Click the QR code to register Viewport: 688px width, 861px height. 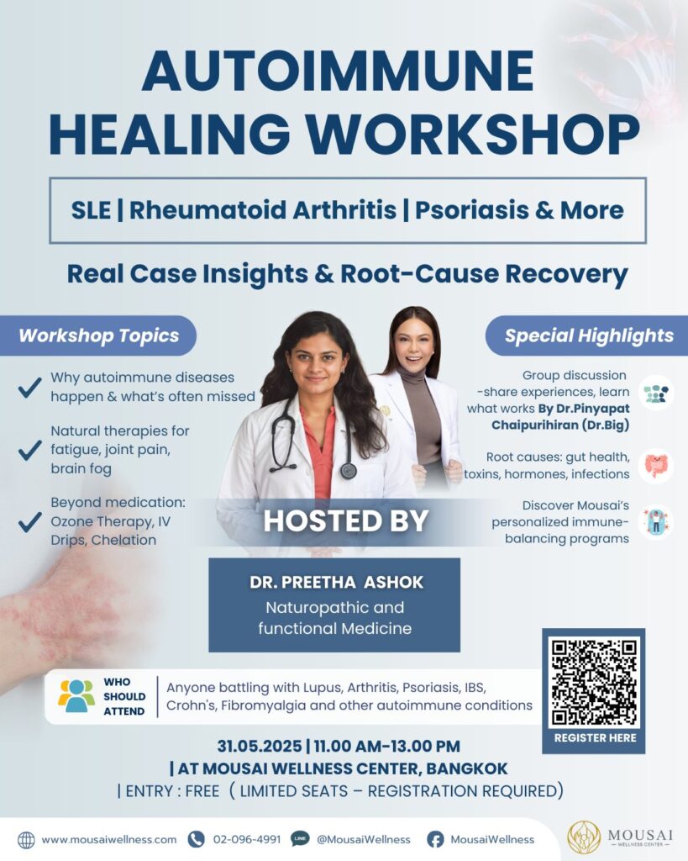tap(594, 682)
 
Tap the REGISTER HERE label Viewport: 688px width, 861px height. tap(596, 738)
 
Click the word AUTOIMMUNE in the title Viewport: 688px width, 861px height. tap(338, 71)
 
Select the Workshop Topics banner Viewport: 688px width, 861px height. tap(98, 335)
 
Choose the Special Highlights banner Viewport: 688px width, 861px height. tap(587, 335)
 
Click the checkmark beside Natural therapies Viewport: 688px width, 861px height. tap(29, 450)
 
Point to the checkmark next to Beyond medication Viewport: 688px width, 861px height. tap(29, 521)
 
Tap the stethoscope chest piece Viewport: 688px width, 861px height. tap(348, 471)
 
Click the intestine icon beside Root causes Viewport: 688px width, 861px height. tap(656, 466)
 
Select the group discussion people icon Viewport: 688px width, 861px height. tap(656, 394)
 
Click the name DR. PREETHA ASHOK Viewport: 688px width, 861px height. tap(336, 582)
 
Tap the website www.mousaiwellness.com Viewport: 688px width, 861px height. tap(109, 840)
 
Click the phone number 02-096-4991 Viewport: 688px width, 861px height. tap(247, 840)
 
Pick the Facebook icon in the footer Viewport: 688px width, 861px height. tap(435, 840)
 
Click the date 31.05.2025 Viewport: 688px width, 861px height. tap(260, 747)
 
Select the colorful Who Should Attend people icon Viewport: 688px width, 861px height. tap(76, 696)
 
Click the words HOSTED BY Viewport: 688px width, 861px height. tap(345, 520)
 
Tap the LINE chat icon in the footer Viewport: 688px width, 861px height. tap(300, 839)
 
